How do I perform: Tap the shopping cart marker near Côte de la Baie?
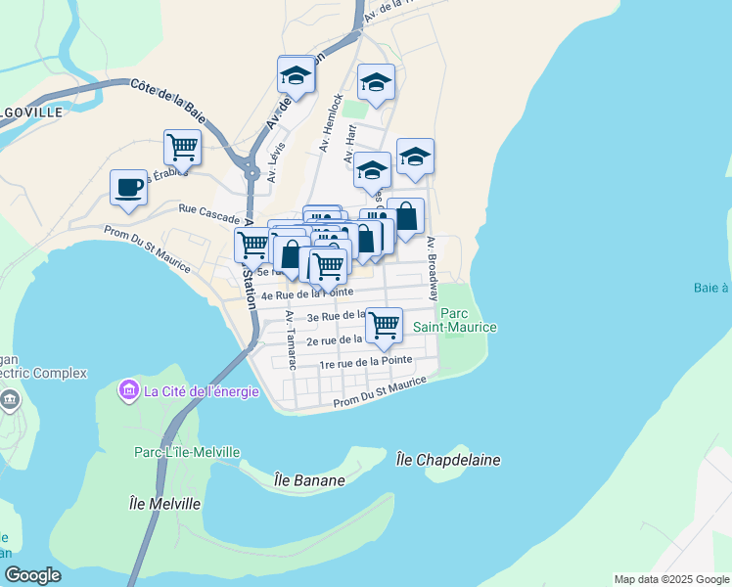183,148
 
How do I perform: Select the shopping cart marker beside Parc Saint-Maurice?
384,324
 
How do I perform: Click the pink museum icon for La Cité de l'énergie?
128,391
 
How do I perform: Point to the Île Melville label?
164,503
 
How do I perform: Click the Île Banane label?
309,480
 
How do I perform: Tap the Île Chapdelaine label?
448,459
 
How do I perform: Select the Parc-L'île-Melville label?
187,451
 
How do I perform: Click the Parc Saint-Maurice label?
468,320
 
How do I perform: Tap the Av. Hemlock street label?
331,123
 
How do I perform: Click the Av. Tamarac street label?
291,339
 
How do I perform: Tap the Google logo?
32,575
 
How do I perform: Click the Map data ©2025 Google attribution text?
671,579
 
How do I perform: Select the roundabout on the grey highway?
252,173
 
